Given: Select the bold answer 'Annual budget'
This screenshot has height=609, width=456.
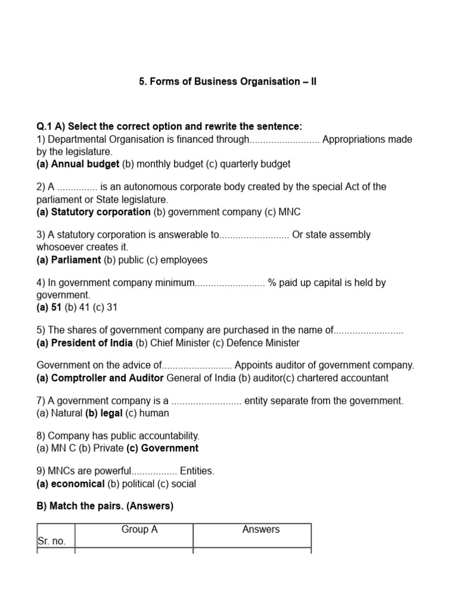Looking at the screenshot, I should (85, 164).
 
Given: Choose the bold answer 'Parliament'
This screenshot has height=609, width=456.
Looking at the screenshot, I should (76, 260).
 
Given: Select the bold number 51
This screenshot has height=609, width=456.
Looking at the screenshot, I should (56, 308).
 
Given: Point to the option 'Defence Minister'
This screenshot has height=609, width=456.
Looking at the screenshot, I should (264, 343).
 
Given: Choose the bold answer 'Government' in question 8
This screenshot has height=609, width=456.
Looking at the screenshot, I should (169, 448).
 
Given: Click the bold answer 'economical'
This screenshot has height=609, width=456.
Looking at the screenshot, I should (78, 484).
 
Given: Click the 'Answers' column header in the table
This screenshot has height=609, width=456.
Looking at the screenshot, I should (261, 529).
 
